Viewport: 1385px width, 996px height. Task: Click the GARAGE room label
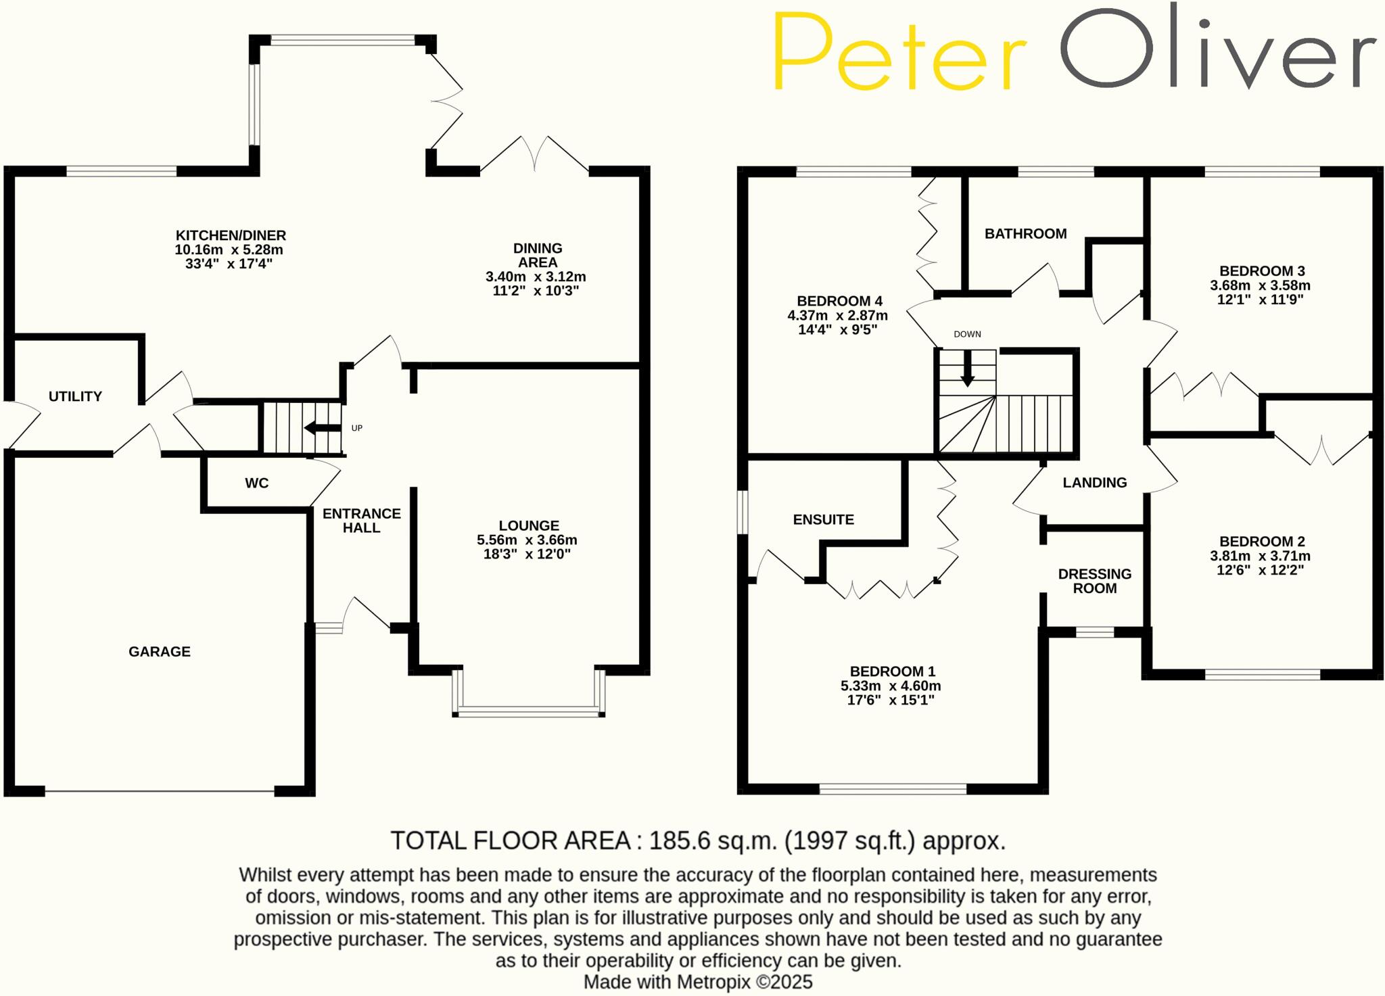pyautogui.click(x=160, y=652)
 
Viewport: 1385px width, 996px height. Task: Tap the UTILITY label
pyautogui.click(x=75, y=396)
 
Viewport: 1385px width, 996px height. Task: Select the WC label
pyautogui.click(x=257, y=483)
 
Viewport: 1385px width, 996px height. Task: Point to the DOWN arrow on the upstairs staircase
pyautogui.click(x=968, y=369)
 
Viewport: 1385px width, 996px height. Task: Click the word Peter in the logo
pyautogui.click(x=899, y=51)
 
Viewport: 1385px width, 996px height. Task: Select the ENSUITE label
pyautogui.click(x=823, y=519)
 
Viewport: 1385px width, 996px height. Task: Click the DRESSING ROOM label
pyautogui.click(x=1094, y=581)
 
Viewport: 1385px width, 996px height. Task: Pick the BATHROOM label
pyautogui.click(x=1025, y=234)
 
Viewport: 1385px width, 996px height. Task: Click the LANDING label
pyautogui.click(x=1094, y=483)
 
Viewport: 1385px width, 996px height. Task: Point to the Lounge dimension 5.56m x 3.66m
pyautogui.click(x=527, y=540)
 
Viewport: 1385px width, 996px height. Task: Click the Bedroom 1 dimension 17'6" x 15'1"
pyautogui.click(x=891, y=700)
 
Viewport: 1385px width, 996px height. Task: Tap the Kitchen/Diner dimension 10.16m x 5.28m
pyautogui.click(x=229, y=250)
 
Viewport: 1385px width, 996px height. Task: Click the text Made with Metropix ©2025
pyautogui.click(x=698, y=982)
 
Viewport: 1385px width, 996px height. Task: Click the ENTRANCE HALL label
pyautogui.click(x=361, y=521)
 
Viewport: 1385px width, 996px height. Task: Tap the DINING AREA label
pyautogui.click(x=538, y=256)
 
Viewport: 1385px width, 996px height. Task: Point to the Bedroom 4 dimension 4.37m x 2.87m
pyautogui.click(x=837, y=316)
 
